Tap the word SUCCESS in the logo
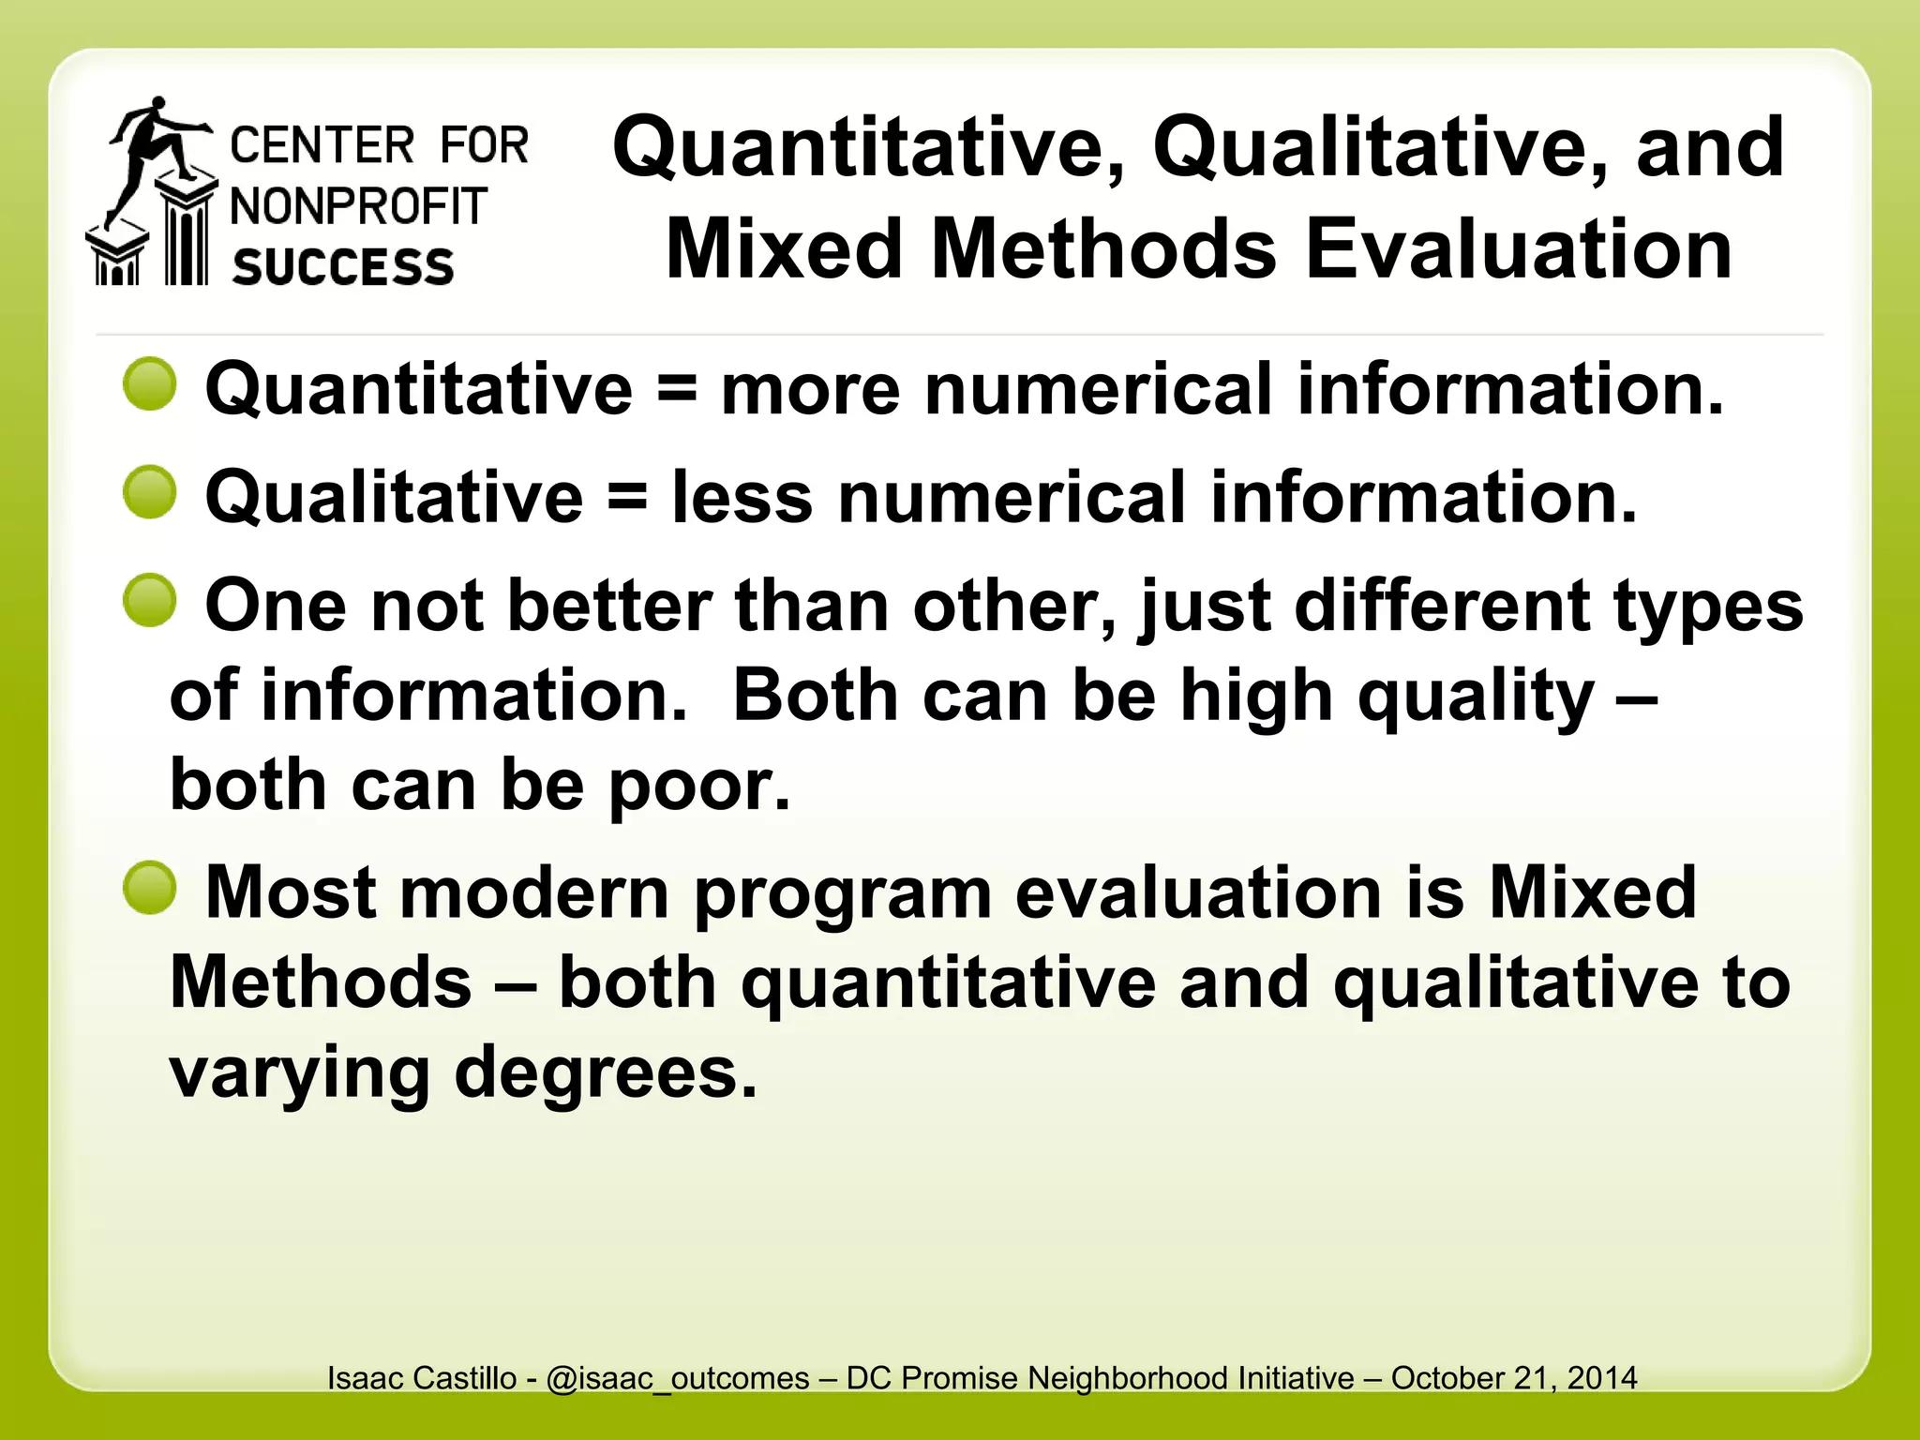click(343, 267)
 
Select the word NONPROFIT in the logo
click(359, 206)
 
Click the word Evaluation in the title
click(1518, 249)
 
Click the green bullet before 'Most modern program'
click(150, 887)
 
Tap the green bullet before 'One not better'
click(150, 600)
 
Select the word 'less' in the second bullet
click(742, 497)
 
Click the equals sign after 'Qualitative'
click(627, 497)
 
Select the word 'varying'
click(299, 1074)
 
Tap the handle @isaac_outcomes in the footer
click(677, 1378)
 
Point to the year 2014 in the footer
click(1602, 1377)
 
